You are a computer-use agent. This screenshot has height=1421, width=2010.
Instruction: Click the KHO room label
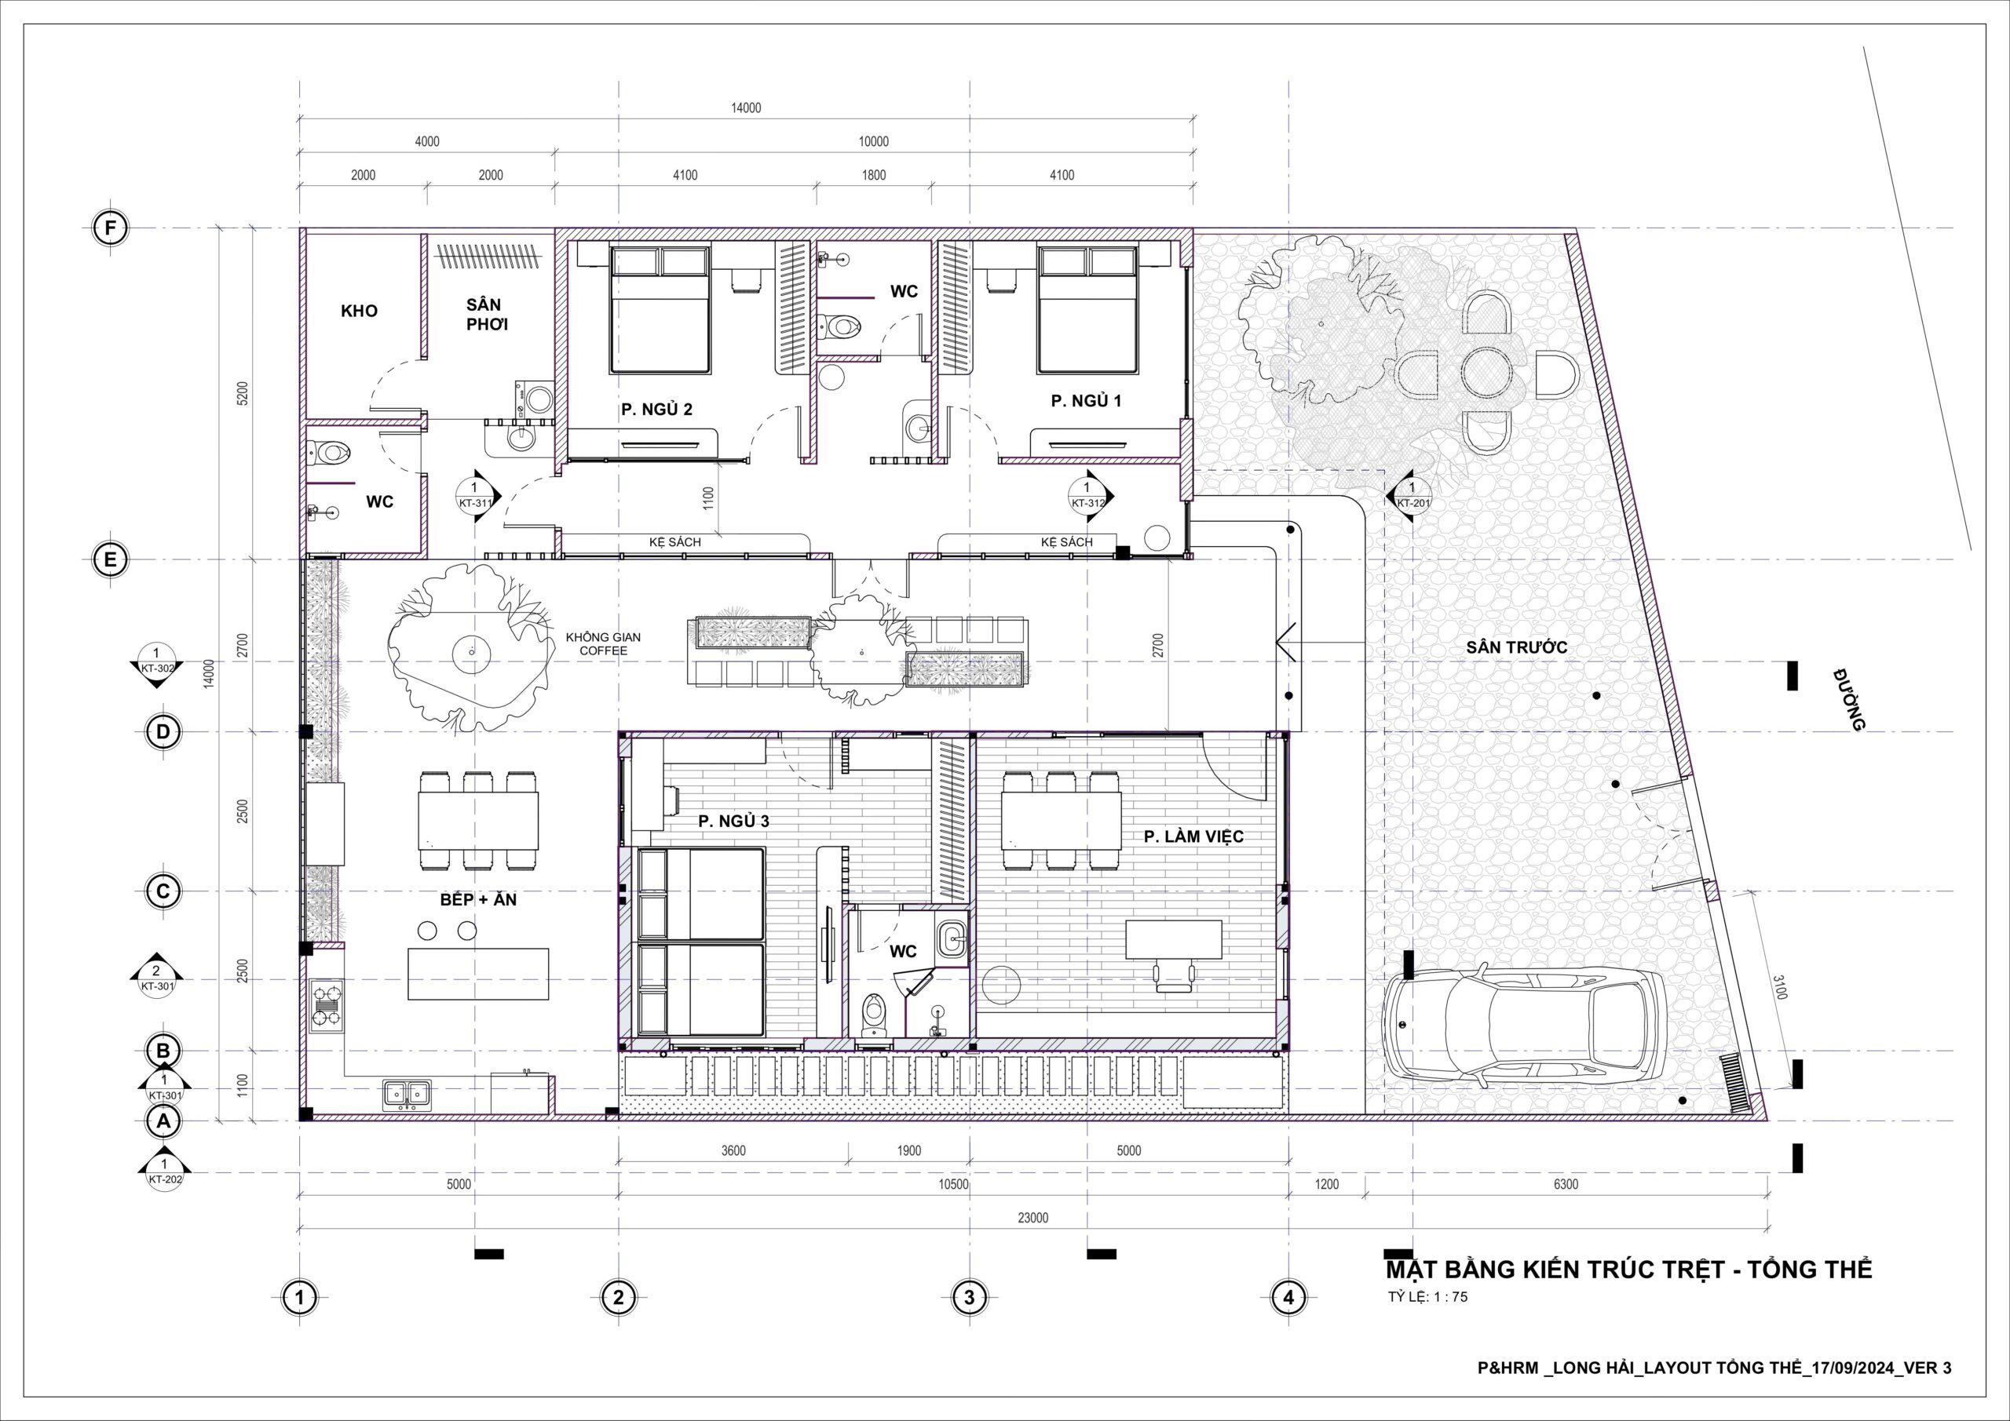[x=359, y=311]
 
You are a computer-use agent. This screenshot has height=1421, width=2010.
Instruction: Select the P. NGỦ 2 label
[x=656, y=410]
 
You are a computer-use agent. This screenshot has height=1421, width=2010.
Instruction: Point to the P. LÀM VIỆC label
[x=1193, y=836]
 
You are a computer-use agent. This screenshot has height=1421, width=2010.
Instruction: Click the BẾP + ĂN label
[x=478, y=899]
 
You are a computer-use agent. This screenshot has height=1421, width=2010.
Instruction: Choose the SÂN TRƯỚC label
[x=1517, y=648]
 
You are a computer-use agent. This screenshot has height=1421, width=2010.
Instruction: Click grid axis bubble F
[x=110, y=228]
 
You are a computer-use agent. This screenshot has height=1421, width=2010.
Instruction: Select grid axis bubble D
[x=163, y=732]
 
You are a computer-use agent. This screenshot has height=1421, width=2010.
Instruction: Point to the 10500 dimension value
[x=953, y=1185]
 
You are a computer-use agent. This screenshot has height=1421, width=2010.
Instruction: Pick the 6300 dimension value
[x=1566, y=1185]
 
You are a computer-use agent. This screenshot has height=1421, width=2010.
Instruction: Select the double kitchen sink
[x=406, y=1093]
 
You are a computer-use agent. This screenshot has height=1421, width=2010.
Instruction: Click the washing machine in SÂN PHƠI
[x=535, y=399]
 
